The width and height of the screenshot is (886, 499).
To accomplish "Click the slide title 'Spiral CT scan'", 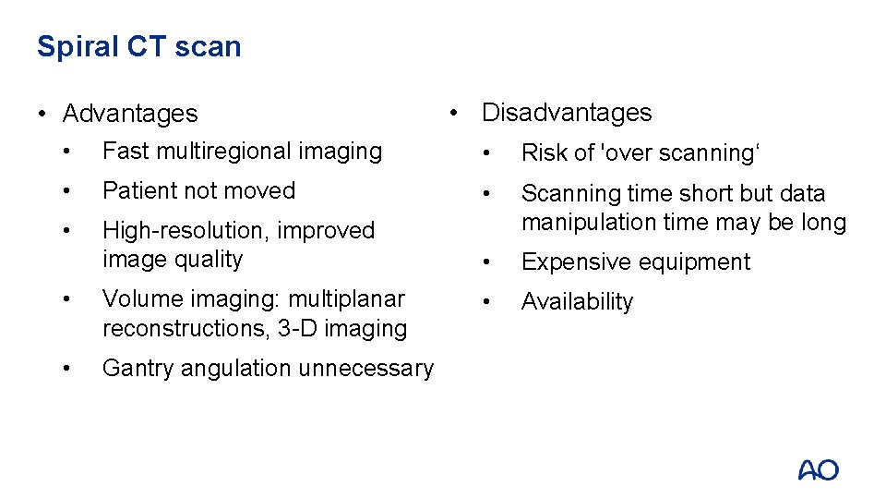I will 138,46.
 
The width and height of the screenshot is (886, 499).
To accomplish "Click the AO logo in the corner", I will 818,469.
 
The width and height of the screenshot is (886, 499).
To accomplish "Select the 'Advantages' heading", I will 129,114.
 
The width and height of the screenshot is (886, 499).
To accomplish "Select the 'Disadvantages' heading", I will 566,113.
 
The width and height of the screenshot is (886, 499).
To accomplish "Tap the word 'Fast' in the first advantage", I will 124,151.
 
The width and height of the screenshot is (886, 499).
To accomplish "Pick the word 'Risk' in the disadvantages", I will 543,153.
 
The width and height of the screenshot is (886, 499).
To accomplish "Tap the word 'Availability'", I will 577,302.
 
